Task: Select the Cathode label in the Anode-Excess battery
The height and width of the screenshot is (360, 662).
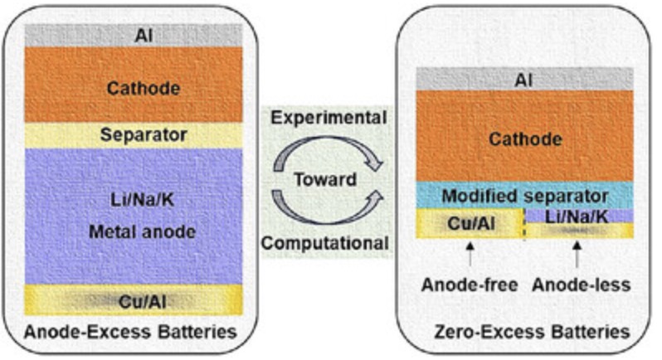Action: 132,85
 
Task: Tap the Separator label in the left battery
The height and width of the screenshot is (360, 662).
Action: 132,134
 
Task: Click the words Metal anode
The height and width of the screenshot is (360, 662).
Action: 133,231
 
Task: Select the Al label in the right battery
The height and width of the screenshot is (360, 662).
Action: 523,80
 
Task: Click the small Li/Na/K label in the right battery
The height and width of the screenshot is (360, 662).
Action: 577,216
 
